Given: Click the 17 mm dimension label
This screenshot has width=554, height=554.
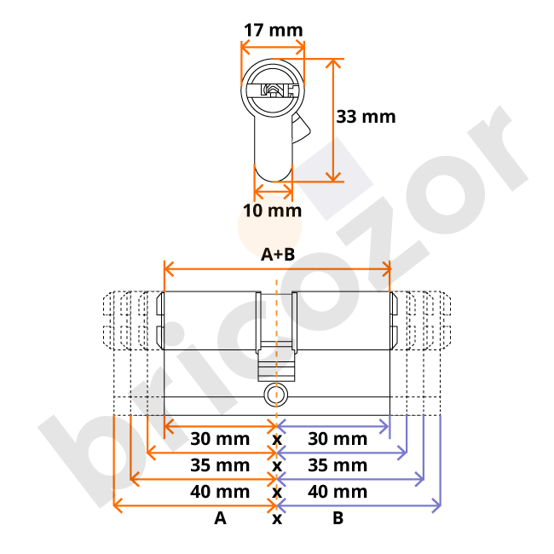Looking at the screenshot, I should coord(273,31).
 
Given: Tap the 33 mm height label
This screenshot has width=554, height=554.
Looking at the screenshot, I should coord(366,116).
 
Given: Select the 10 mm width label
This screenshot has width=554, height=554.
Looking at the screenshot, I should coord(273,210).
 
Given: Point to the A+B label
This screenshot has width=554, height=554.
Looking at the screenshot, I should coord(277,254).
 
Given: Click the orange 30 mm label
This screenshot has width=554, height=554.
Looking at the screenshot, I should coord(220,439).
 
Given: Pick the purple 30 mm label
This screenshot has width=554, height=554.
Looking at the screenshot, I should coord(338,439).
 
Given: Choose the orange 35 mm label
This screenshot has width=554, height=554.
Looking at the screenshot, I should coord(220,465).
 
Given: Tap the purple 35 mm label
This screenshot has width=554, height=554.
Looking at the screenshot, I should coord(338,465).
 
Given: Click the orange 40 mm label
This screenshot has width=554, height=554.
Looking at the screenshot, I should coord(220,492).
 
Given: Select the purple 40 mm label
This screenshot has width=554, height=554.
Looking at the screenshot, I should coord(338,492).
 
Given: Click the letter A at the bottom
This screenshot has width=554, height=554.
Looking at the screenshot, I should coord(220,518).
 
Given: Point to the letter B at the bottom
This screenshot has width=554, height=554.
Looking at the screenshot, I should coord(338,518).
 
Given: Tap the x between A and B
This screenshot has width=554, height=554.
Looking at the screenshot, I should coord(276,518).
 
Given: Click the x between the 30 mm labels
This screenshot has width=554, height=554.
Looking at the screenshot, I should coord(276,439).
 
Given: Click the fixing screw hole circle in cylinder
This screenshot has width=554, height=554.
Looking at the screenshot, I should coord(273,394).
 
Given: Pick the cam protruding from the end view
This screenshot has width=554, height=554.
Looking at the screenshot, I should coord(301,130).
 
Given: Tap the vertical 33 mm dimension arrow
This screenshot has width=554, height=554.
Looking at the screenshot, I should coord(332,119).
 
